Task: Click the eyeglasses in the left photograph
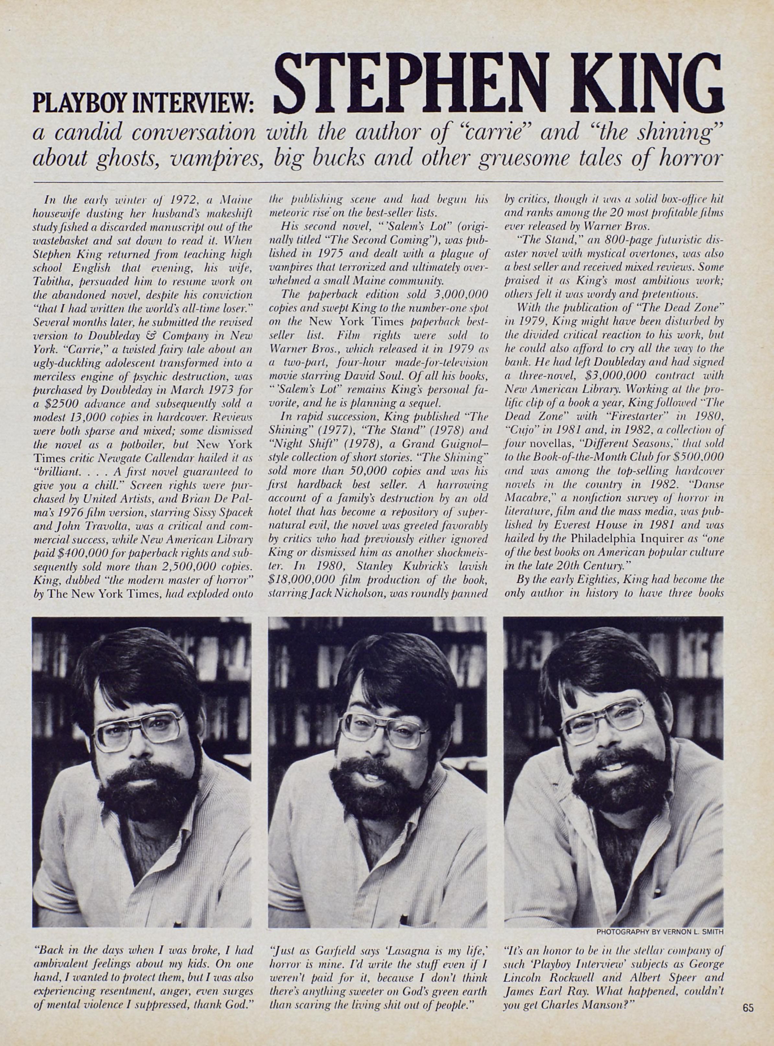click(x=137, y=737)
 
